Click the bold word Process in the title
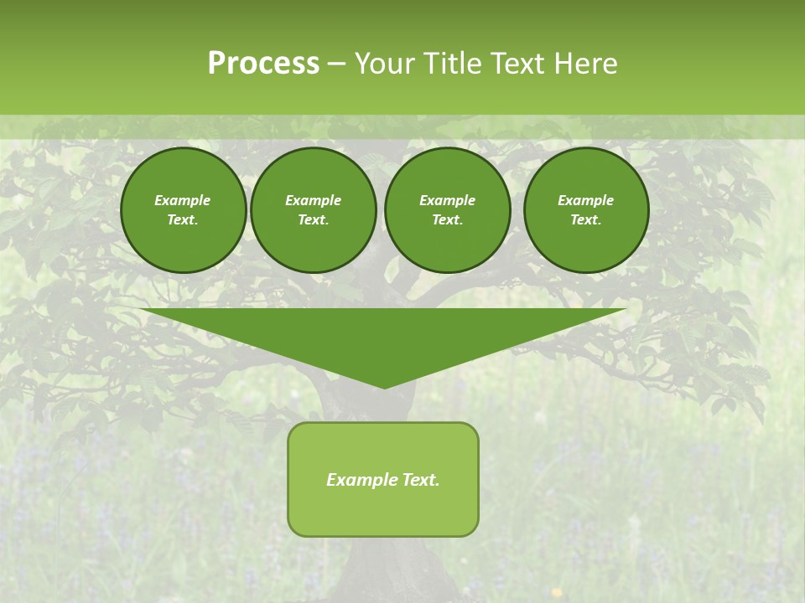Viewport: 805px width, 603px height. pyautogui.click(x=263, y=64)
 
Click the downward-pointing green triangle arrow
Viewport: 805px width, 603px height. pyautogui.click(x=383, y=335)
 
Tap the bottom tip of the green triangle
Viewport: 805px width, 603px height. pyautogui.click(x=384, y=386)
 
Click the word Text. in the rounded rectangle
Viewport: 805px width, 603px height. pyautogui.click(x=419, y=480)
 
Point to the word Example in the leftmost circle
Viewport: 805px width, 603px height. pyautogui.click(x=183, y=200)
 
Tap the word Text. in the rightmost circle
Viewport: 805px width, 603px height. pyautogui.click(x=585, y=219)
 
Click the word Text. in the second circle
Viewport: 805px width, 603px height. pyautogui.click(x=313, y=219)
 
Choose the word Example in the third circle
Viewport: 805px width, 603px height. pyautogui.click(x=447, y=200)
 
